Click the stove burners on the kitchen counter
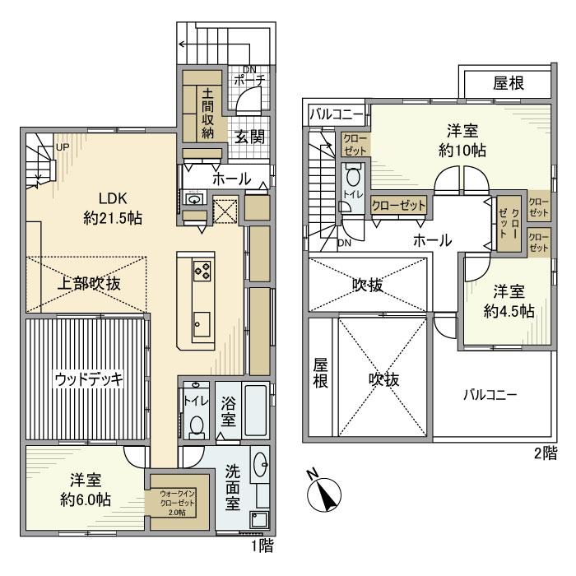(202, 269)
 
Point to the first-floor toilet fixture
(196, 424)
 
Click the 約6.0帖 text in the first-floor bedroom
(86, 499)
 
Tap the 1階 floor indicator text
(261, 545)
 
